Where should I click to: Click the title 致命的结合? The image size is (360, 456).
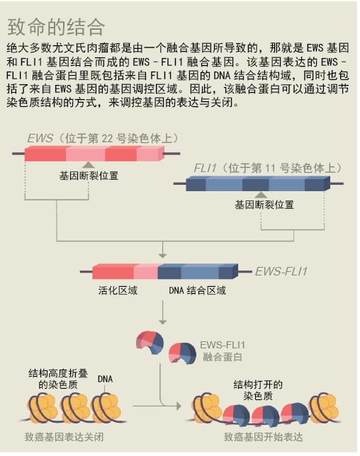pyautogui.click(x=56, y=27)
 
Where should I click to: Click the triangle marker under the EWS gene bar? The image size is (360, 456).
pyautogui.click(x=88, y=165)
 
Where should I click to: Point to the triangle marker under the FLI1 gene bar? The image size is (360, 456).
pyautogui.click(x=261, y=195)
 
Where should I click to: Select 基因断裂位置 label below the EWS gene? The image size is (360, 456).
pyautogui.click(x=89, y=176)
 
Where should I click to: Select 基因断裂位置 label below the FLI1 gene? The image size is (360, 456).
pyautogui.click(x=264, y=205)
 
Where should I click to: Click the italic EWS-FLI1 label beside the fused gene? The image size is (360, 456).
pyautogui.click(x=281, y=271)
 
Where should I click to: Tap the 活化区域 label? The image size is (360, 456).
pyautogui.click(x=118, y=290)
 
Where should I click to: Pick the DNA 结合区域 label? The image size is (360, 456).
pyautogui.click(x=197, y=290)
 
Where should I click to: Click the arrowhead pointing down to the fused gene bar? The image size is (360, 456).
pyautogui.click(x=162, y=256)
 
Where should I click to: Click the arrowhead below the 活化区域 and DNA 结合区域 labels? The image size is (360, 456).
pyautogui.click(x=162, y=321)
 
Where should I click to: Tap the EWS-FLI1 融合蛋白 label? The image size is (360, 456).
pyautogui.click(x=223, y=351)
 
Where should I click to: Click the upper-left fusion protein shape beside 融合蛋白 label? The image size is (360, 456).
pyautogui.click(x=150, y=342)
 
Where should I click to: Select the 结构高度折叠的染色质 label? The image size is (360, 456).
pyautogui.click(x=58, y=379)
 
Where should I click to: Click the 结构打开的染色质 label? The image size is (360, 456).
pyautogui.click(x=258, y=390)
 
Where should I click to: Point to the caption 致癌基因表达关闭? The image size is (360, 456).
pyautogui.click(x=64, y=437)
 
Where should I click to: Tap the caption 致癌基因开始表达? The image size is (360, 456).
pyautogui.click(x=263, y=437)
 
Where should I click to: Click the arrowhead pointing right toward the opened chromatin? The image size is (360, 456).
pyautogui.click(x=179, y=406)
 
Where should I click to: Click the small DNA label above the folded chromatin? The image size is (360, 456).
pyautogui.click(x=105, y=379)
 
